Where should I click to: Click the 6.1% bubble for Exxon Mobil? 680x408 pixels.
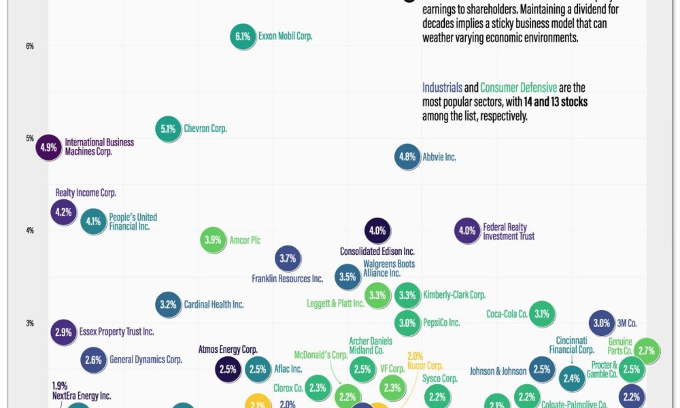[243, 37]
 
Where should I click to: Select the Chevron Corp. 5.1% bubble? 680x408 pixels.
[169, 129]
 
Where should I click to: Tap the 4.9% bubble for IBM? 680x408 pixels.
[49, 147]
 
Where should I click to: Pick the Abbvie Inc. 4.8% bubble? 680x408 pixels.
[407, 157]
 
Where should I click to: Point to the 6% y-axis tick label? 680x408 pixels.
[30, 46]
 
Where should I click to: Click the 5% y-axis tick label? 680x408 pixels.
[30, 139]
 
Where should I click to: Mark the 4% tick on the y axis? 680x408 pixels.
[30, 231]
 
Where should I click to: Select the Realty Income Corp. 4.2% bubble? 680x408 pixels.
[63, 212]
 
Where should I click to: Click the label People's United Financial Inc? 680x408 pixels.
[133, 222]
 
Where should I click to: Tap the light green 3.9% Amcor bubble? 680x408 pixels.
[213, 240]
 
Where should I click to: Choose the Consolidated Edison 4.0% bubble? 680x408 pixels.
[377, 231]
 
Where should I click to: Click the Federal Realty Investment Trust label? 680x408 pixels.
[508, 232]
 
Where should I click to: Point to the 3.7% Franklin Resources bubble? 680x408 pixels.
[288, 258]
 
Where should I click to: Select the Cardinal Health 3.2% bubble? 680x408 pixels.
[168, 305]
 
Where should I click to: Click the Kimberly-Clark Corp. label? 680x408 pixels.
[454, 295]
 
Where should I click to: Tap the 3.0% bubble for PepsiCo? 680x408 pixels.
[407, 323]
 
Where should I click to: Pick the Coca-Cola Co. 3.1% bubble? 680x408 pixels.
[542, 314]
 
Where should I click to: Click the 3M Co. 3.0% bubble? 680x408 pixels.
[601, 323]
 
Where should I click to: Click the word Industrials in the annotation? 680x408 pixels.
[442, 88]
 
